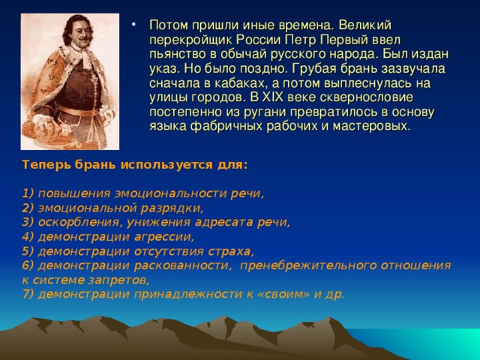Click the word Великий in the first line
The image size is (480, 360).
click(x=365, y=25)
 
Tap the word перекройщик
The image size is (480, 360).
click(x=190, y=40)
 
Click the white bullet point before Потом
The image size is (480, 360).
click(x=133, y=24)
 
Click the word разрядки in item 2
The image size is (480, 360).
click(x=172, y=208)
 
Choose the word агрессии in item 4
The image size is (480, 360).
click(x=164, y=237)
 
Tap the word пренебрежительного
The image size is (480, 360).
click(x=308, y=265)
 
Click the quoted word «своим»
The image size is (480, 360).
click(x=283, y=294)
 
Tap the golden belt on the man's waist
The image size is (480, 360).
click(x=77, y=112)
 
